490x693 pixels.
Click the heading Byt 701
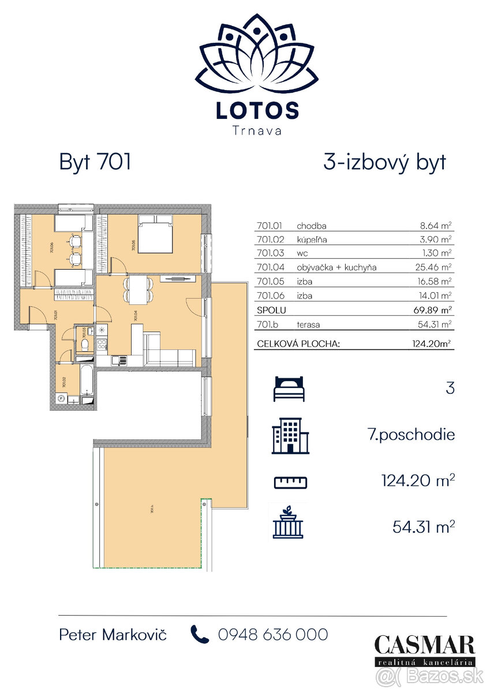95,162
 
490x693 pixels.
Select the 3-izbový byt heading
384,162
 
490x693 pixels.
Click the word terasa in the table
308,324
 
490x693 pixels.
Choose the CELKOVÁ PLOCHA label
297,345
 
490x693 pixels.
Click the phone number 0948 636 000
272,635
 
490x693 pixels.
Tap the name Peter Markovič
113,635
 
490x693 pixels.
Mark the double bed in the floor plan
155,234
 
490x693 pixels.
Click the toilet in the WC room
85,345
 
